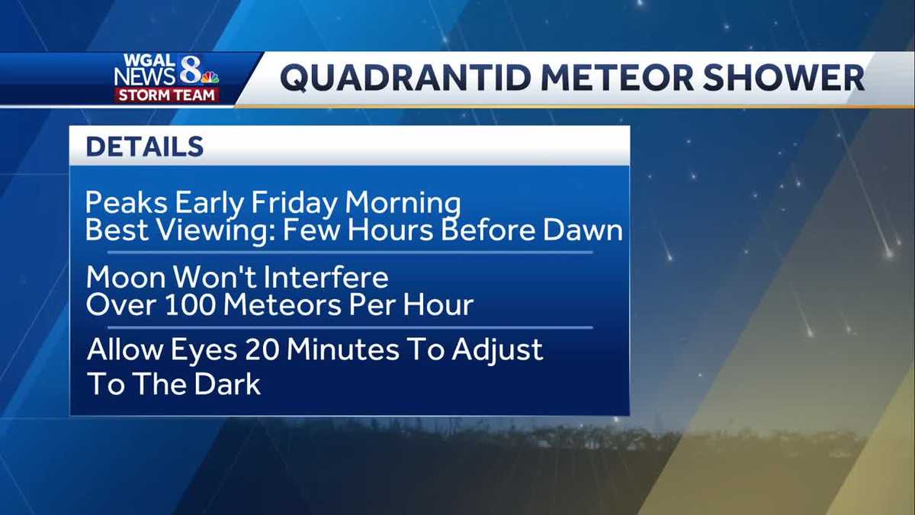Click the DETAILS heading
click(x=144, y=146)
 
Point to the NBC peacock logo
click(x=210, y=77)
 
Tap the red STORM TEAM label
click(x=167, y=95)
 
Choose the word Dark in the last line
click(x=226, y=384)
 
